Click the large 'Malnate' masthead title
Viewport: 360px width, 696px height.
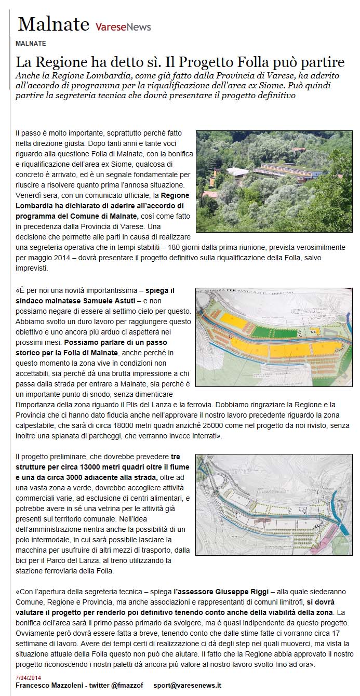54,24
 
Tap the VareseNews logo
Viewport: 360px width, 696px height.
123,26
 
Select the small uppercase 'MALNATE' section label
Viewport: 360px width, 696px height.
31,43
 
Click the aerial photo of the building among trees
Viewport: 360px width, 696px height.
274,181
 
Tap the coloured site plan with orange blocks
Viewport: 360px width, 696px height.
274,337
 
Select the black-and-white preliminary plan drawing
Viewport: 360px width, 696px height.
274,504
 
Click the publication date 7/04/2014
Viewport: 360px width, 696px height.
29,678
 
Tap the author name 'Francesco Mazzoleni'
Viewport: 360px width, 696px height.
49,686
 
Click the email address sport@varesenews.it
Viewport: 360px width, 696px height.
187,686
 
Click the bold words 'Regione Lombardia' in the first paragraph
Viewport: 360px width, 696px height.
175,196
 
